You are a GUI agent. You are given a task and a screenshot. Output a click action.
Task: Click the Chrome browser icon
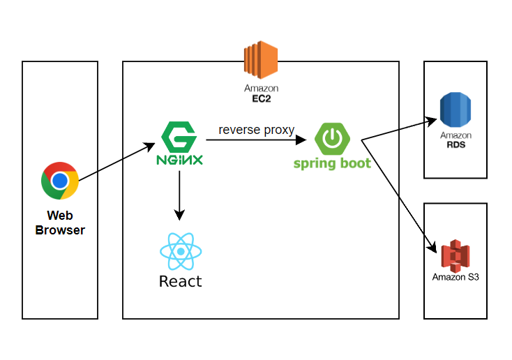tap(59, 181)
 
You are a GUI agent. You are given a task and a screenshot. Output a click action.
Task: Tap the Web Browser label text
tap(60, 223)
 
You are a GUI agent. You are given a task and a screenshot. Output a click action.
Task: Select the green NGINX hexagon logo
tap(180, 136)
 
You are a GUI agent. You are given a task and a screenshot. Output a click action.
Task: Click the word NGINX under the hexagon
tap(180, 159)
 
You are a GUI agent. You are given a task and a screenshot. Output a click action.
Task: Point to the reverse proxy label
tap(256, 130)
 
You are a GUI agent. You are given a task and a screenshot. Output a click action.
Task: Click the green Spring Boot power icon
tap(332, 138)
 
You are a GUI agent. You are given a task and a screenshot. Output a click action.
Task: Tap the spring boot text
tap(331, 164)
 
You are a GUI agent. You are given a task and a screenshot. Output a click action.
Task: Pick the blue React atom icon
tap(181, 251)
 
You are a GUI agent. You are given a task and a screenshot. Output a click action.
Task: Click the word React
tap(181, 281)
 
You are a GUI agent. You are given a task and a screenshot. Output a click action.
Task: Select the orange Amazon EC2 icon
tap(261, 59)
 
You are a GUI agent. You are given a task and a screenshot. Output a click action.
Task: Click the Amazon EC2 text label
tap(261, 93)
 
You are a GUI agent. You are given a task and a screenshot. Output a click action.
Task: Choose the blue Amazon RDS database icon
tap(455, 111)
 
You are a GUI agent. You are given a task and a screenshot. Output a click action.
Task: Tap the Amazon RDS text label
tap(455, 140)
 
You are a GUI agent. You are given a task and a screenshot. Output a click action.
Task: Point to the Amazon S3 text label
tap(455, 277)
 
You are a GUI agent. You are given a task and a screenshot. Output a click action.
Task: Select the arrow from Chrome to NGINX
tap(116, 162)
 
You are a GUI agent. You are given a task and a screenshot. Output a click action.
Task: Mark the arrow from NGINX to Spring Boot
tap(256, 140)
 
